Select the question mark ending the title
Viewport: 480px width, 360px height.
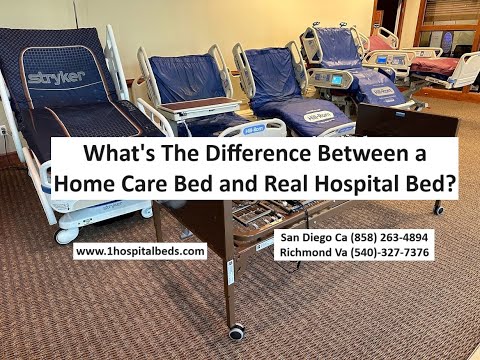(445, 183)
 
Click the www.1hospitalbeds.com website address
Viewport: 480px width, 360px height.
(140, 252)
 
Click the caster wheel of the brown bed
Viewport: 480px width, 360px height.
(236, 330)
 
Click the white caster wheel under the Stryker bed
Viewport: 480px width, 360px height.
(67, 235)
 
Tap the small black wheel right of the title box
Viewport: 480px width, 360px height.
(438, 208)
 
